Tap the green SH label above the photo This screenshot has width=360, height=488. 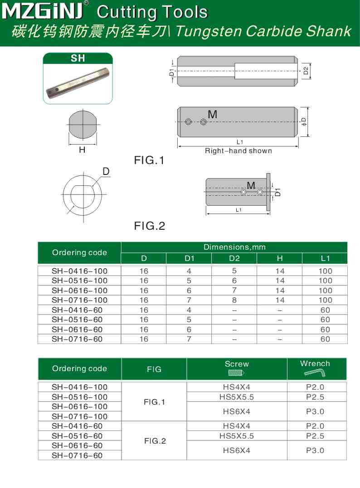click(x=78, y=58)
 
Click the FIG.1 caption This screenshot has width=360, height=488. click(x=150, y=160)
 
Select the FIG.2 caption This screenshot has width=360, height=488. click(x=150, y=226)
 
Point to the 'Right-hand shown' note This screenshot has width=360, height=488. click(x=238, y=151)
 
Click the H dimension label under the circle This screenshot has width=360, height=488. click(x=82, y=150)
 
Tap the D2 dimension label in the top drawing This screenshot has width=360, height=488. click(x=306, y=70)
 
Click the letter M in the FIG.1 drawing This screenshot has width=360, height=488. click(x=212, y=115)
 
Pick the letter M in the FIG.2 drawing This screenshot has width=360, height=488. click(x=251, y=185)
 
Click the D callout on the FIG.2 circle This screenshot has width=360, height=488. click(x=106, y=171)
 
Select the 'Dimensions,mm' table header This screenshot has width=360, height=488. click(x=234, y=247)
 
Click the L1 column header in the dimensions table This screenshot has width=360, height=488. click(x=325, y=258)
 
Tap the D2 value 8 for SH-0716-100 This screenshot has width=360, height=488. click(x=234, y=300)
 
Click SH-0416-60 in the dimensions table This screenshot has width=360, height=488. click(x=77, y=310)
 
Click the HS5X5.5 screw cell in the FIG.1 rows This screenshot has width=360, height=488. click(x=237, y=397)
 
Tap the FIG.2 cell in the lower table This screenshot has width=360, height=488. click(x=155, y=441)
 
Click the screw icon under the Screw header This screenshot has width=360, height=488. click(x=236, y=373)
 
